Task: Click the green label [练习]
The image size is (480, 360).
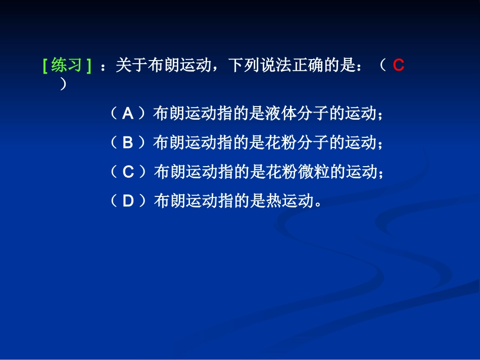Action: click(x=67, y=66)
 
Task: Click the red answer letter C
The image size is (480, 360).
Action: click(x=398, y=66)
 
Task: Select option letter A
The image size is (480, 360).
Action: click(x=128, y=114)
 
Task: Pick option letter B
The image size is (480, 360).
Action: click(x=128, y=143)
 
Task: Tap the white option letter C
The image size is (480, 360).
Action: click(x=128, y=173)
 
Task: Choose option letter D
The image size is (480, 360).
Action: click(x=128, y=201)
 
